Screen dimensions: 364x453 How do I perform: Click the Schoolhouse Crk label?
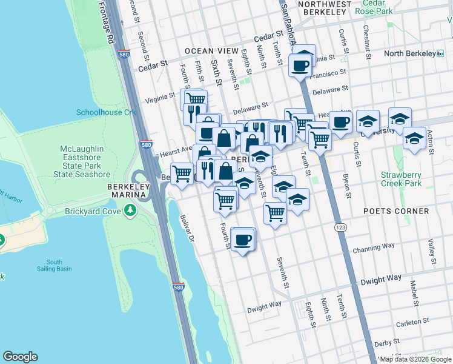106,112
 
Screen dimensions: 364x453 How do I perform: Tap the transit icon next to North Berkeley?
440,53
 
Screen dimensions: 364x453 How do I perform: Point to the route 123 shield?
340,226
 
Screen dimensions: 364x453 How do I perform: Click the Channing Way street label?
374,247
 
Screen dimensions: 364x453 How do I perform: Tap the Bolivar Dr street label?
186,229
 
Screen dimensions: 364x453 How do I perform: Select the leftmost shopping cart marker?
182,174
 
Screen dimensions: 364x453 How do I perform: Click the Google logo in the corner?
20,357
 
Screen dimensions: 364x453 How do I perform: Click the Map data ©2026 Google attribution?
415,359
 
